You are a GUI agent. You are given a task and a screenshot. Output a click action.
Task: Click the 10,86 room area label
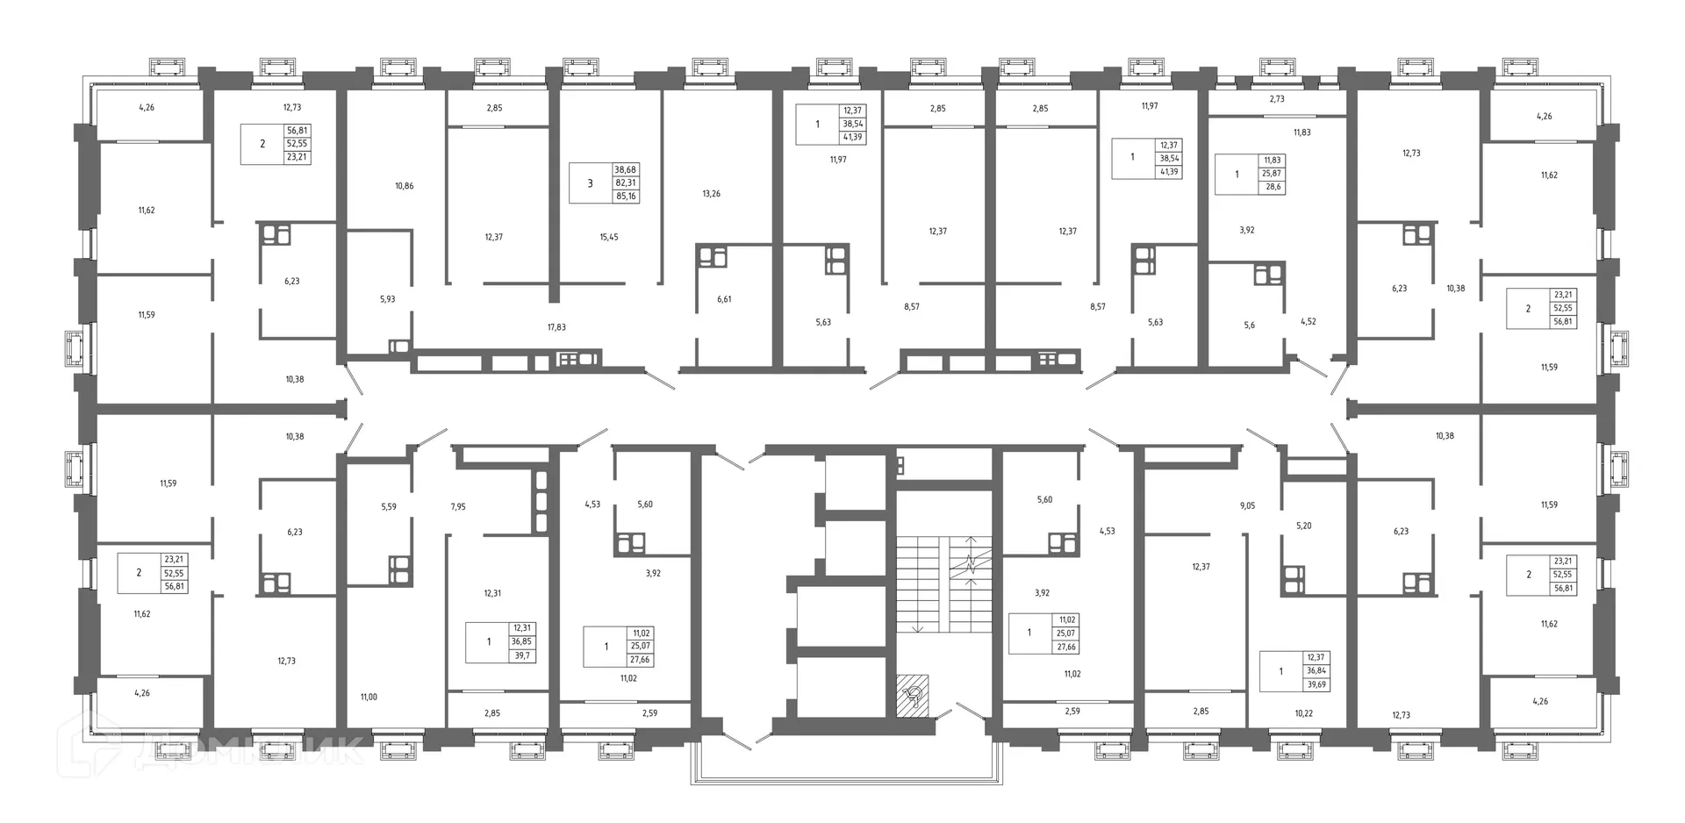pyautogui.click(x=404, y=186)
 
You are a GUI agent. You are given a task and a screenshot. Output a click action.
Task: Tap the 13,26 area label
pyautogui.click(x=711, y=194)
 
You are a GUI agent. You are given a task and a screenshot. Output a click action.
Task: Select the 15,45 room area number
pyautogui.click(x=608, y=237)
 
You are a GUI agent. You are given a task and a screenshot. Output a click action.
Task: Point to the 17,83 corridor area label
pyautogui.click(x=556, y=327)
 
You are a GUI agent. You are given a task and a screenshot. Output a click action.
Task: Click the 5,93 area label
pyautogui.click(x=387, y=299)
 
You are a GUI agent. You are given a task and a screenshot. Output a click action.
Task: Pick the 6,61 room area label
pyautogui.click(x=724, y=299)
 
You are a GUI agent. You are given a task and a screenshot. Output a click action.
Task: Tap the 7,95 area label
pyautogui.click(x=458, y=507)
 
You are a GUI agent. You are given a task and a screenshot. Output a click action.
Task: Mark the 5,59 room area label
pyautogui.click(x=389, y=507)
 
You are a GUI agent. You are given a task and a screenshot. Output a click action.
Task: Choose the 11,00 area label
pyautogui.click(x=369, y=698)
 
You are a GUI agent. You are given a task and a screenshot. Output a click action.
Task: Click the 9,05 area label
pyautogui.click(x=1247, y=506)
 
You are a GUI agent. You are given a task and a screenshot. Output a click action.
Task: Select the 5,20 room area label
pyautogui.click(x=1304, y=526)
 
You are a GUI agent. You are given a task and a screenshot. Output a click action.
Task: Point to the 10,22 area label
pyautogui.click(x=1304, y=714)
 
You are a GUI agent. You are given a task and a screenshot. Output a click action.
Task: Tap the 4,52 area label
pyautogui.click(x=1308, y=322)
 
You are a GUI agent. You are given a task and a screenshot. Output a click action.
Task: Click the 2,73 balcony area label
pyautogui.click(x=1277, y=99)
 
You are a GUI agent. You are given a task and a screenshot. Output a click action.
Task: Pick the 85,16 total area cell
pyautogui.click(x=626, y=197)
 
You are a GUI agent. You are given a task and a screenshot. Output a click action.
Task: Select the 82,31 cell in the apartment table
pyautogui.click(x=626, y=183)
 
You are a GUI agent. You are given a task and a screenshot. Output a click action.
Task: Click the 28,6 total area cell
pyautogui.click(x=1273, y=187)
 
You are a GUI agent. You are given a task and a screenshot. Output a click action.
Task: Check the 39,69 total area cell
pyautogui.click(x=1316, y=684)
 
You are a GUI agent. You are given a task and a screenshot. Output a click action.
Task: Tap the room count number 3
pyautogui.click(x=590, y=183)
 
